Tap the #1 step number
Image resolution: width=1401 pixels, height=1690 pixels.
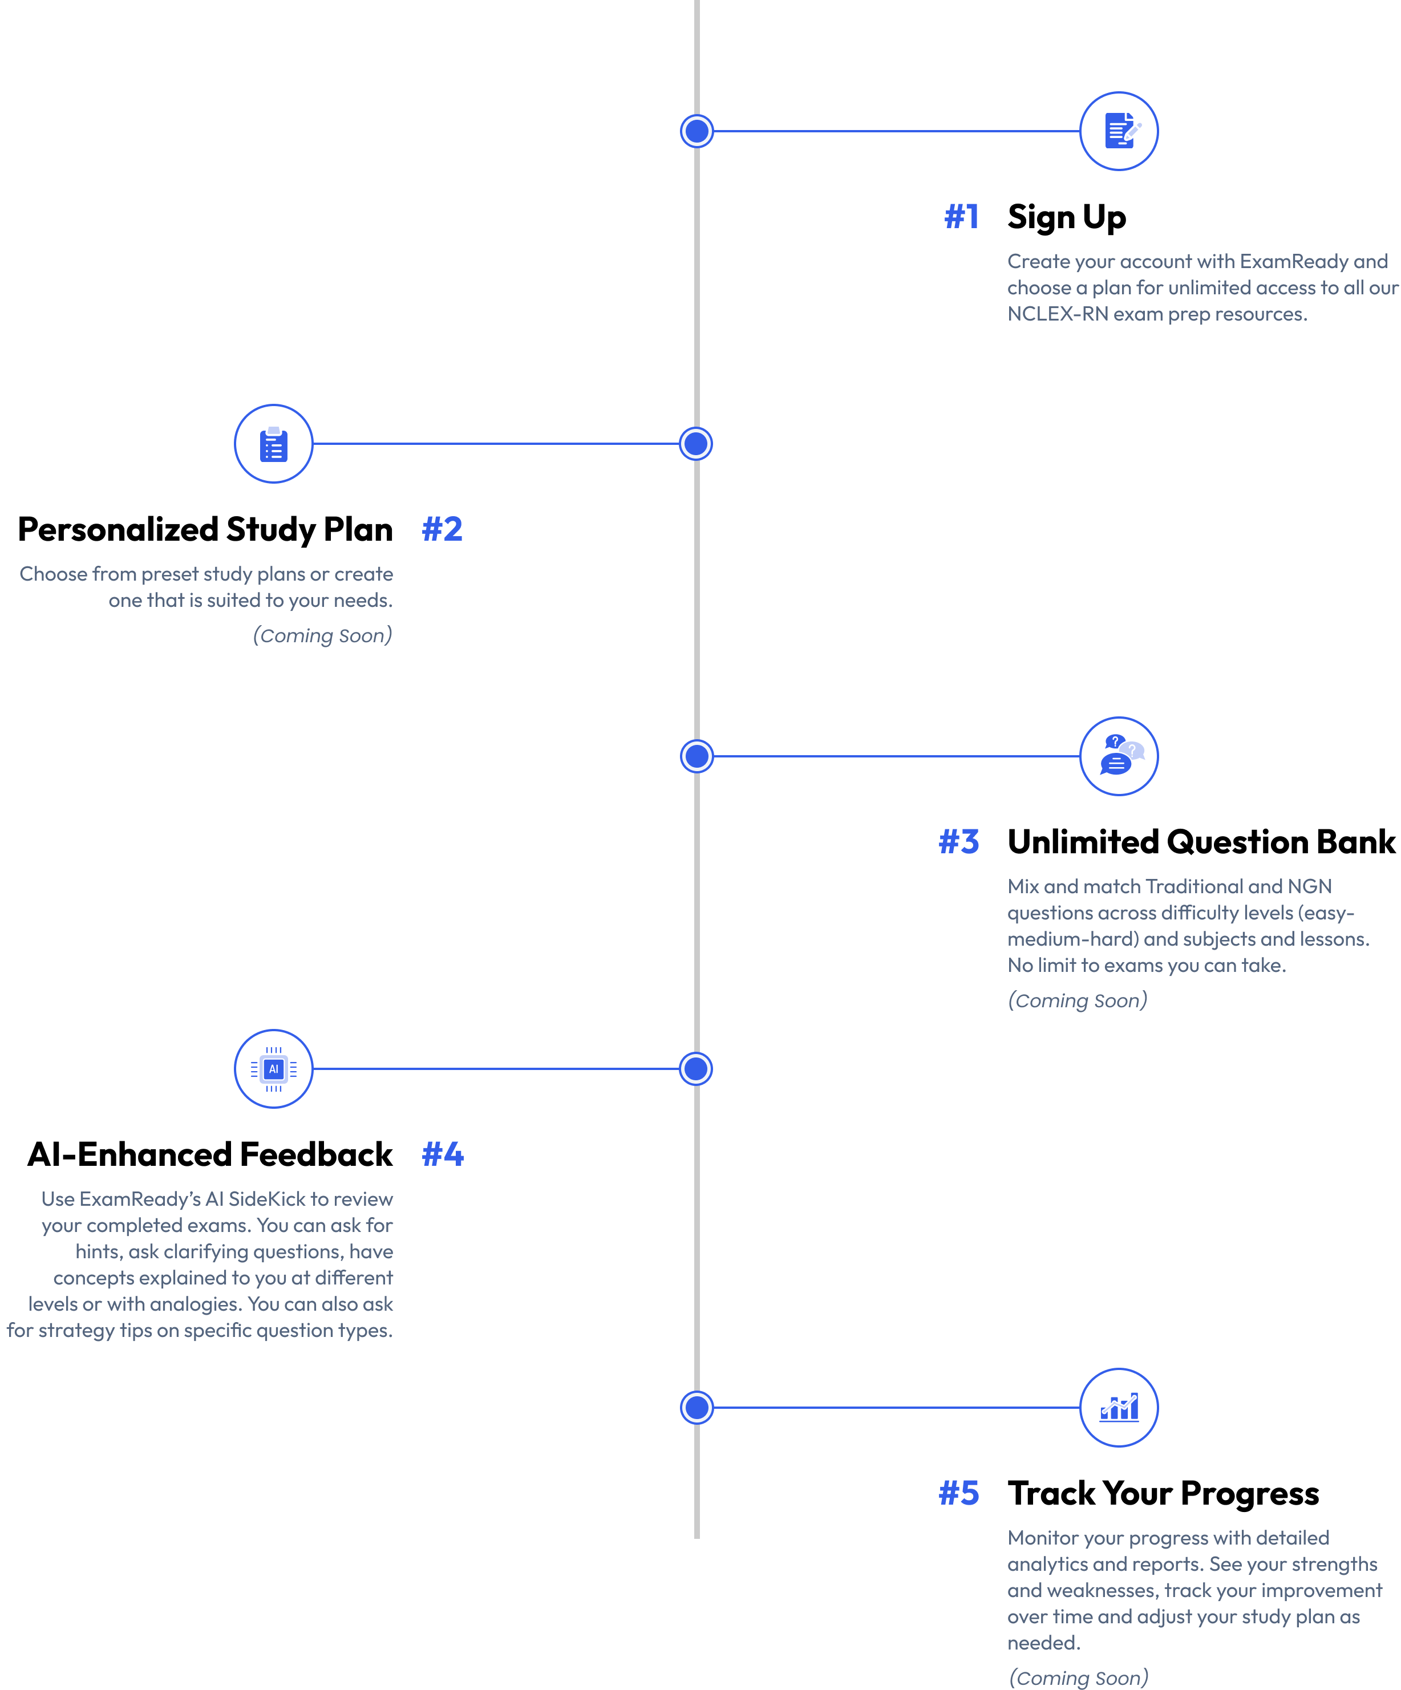(962, 217)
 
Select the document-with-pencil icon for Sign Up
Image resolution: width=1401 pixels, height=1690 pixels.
(1119, 131)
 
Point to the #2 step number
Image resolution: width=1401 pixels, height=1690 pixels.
(443, 529)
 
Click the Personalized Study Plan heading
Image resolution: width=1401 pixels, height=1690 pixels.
(205, 529)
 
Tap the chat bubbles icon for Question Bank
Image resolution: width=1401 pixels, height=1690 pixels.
(1119, 756)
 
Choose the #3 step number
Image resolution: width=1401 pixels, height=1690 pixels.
(959, 842)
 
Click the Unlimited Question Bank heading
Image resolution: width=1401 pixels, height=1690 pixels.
(1201, 842)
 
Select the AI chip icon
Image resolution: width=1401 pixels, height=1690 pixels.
(274, 1069)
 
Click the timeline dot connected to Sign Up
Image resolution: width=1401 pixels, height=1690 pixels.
(697, 131)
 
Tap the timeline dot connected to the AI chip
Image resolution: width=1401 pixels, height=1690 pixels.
(696, 1069)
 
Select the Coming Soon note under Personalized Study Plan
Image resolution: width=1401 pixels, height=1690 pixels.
(323, 636)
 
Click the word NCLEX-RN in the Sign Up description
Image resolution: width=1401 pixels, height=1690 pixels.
(1058, 314)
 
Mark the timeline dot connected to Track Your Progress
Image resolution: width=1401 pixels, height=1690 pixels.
(697, 1408)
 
